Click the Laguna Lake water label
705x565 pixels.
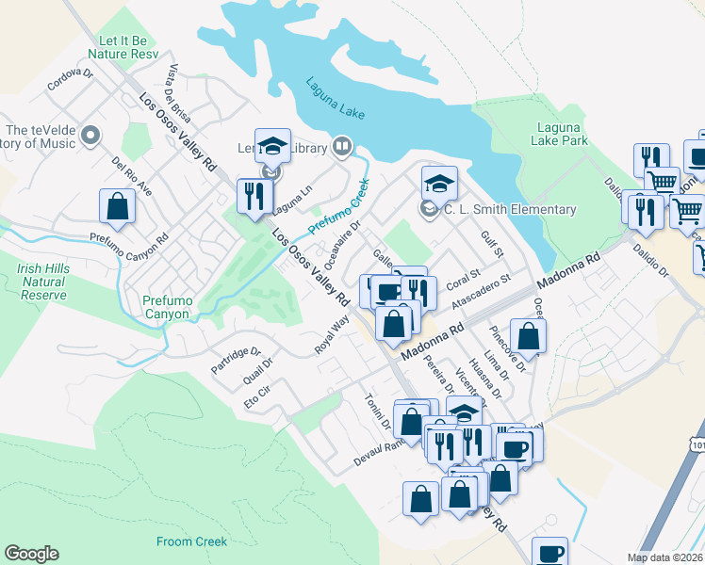(x=335, y=98)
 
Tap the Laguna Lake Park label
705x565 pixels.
(x=562, y=134)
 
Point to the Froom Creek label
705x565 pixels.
(x=191, y=541)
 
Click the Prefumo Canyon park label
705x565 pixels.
(x=167, y=307)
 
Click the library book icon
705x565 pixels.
(x=342, y=147)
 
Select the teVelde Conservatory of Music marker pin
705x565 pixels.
(x=91, y=137)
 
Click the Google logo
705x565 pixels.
(x=31, y=554)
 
